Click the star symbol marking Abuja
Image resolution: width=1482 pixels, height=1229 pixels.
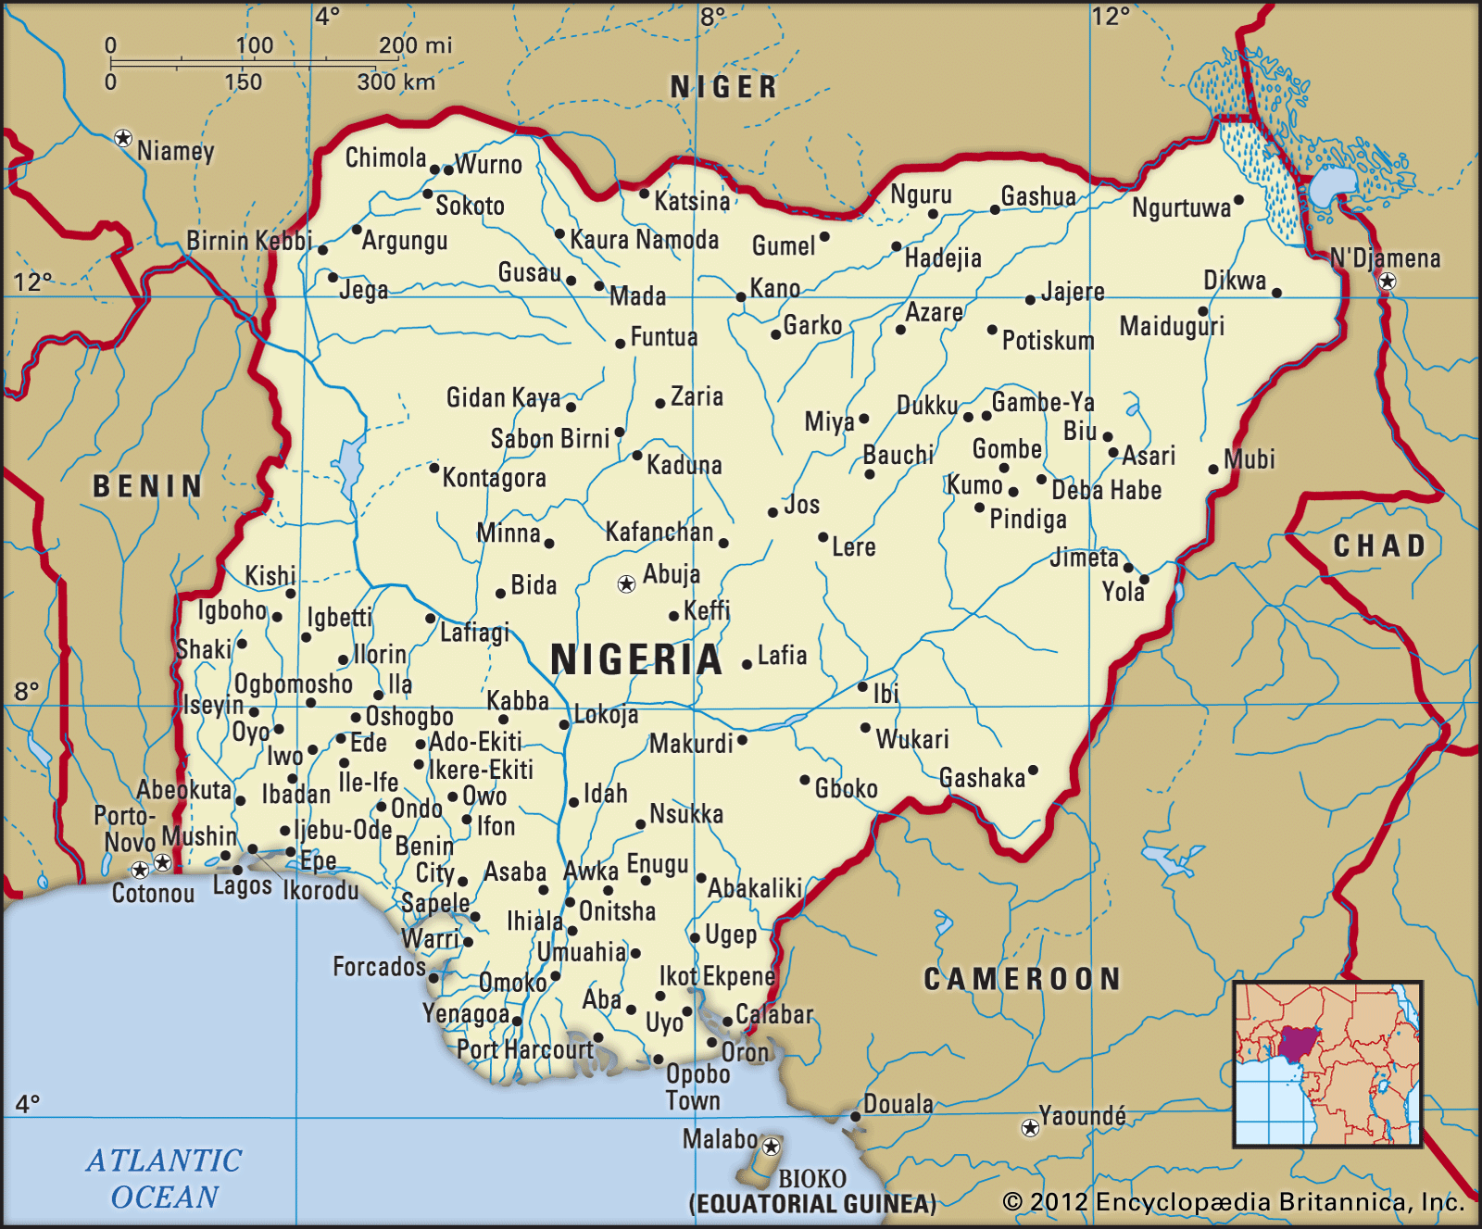click(x=626, y=583)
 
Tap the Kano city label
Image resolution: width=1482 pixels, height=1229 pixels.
click(x=774, y=288)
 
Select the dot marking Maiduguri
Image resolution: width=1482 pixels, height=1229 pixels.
click(x=1203, y=311)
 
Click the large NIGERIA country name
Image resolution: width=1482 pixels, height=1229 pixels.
click(x=635, y=659)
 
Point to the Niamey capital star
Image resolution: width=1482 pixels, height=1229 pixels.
click(x=122, y=138)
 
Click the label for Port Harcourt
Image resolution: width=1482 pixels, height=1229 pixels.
click(x=525, y=1049)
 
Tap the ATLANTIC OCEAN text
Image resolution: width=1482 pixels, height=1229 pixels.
click(x=165, y=1178)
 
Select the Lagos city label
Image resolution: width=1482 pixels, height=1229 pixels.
click(x=242, y=886)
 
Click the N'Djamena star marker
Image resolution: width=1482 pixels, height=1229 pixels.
click(x=1387, y=282)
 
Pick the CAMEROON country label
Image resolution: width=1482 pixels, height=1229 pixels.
click(x=1022, y=979)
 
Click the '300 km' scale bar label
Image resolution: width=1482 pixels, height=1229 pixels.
click(x=396, y=82)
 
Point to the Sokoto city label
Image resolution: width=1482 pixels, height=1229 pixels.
click(x=470, y=206)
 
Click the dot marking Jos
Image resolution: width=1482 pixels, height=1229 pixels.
click(x=772, y=512)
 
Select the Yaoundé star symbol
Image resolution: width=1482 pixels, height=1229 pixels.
click(x=1029, y=1127)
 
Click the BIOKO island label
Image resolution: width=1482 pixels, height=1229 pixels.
click(x=811, y=1178)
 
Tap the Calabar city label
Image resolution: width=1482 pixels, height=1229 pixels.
click(x=773, y=1014)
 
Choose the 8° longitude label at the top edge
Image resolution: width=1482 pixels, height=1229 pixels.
click(x=712, y=16)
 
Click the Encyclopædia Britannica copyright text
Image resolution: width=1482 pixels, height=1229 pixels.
click(x=1233, y=1202)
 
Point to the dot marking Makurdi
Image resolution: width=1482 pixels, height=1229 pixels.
click(x=742, y=740)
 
